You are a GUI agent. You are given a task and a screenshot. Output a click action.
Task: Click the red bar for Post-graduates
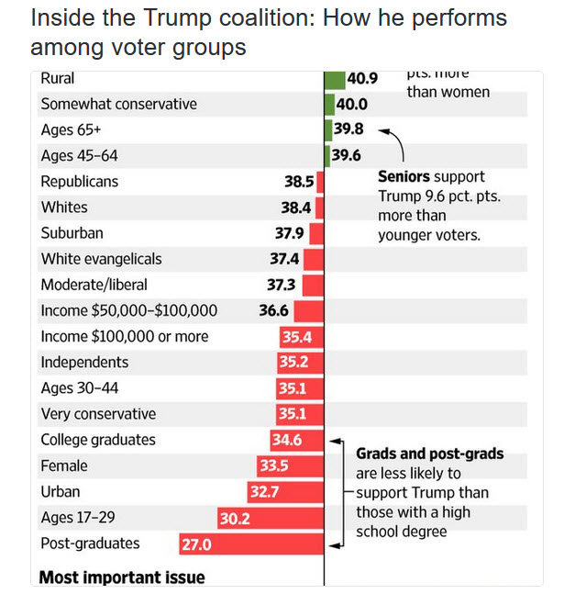coord(251,544)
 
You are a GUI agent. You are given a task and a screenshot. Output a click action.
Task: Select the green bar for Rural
coord(335,79)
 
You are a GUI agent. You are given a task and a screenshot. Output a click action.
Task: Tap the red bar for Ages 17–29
coord(271,518)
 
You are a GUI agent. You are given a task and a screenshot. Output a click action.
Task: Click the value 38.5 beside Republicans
coord(299,182)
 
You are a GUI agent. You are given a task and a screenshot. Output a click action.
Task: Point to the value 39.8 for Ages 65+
coord(349,129)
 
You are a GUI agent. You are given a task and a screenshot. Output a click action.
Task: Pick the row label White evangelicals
coord(101,259)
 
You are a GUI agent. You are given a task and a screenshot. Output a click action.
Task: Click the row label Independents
coord(84,362)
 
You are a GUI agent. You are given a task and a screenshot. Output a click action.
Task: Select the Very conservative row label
coord(98,414)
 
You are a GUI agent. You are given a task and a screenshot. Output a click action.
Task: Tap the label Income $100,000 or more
coord(124,336)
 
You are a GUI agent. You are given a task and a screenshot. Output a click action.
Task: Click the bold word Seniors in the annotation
coord(405,176)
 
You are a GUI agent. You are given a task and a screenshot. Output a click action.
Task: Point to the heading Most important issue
coord(122,577)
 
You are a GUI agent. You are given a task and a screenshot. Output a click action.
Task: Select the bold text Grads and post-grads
coord(429,454)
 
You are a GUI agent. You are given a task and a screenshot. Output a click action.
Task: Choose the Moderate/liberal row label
coord(94,285)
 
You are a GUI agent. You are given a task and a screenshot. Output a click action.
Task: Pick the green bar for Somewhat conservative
coord(329,105)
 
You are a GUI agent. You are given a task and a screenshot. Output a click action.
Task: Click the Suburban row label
coord(72,233)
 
